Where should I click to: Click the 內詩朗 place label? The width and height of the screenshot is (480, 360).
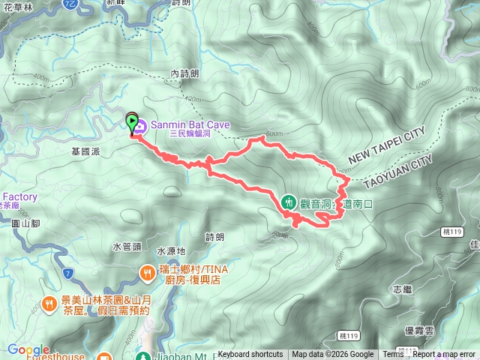pyautogui.click(x=184, y=74)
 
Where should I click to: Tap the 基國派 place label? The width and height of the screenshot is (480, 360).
pyautogui.click(x=85, y=151)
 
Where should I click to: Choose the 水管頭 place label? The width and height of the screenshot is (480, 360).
pyautogui.click(x=127, y=246)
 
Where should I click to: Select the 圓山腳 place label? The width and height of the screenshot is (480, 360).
pyautogui.click(x=25, y=222)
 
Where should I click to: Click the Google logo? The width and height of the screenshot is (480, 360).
pyautogui.click(x=28, y=349)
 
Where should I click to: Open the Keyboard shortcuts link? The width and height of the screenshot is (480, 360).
pyautogui.click(x=250, y=355)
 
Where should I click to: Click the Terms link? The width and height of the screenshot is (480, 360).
pyautogui.click(x=393, y=355)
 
